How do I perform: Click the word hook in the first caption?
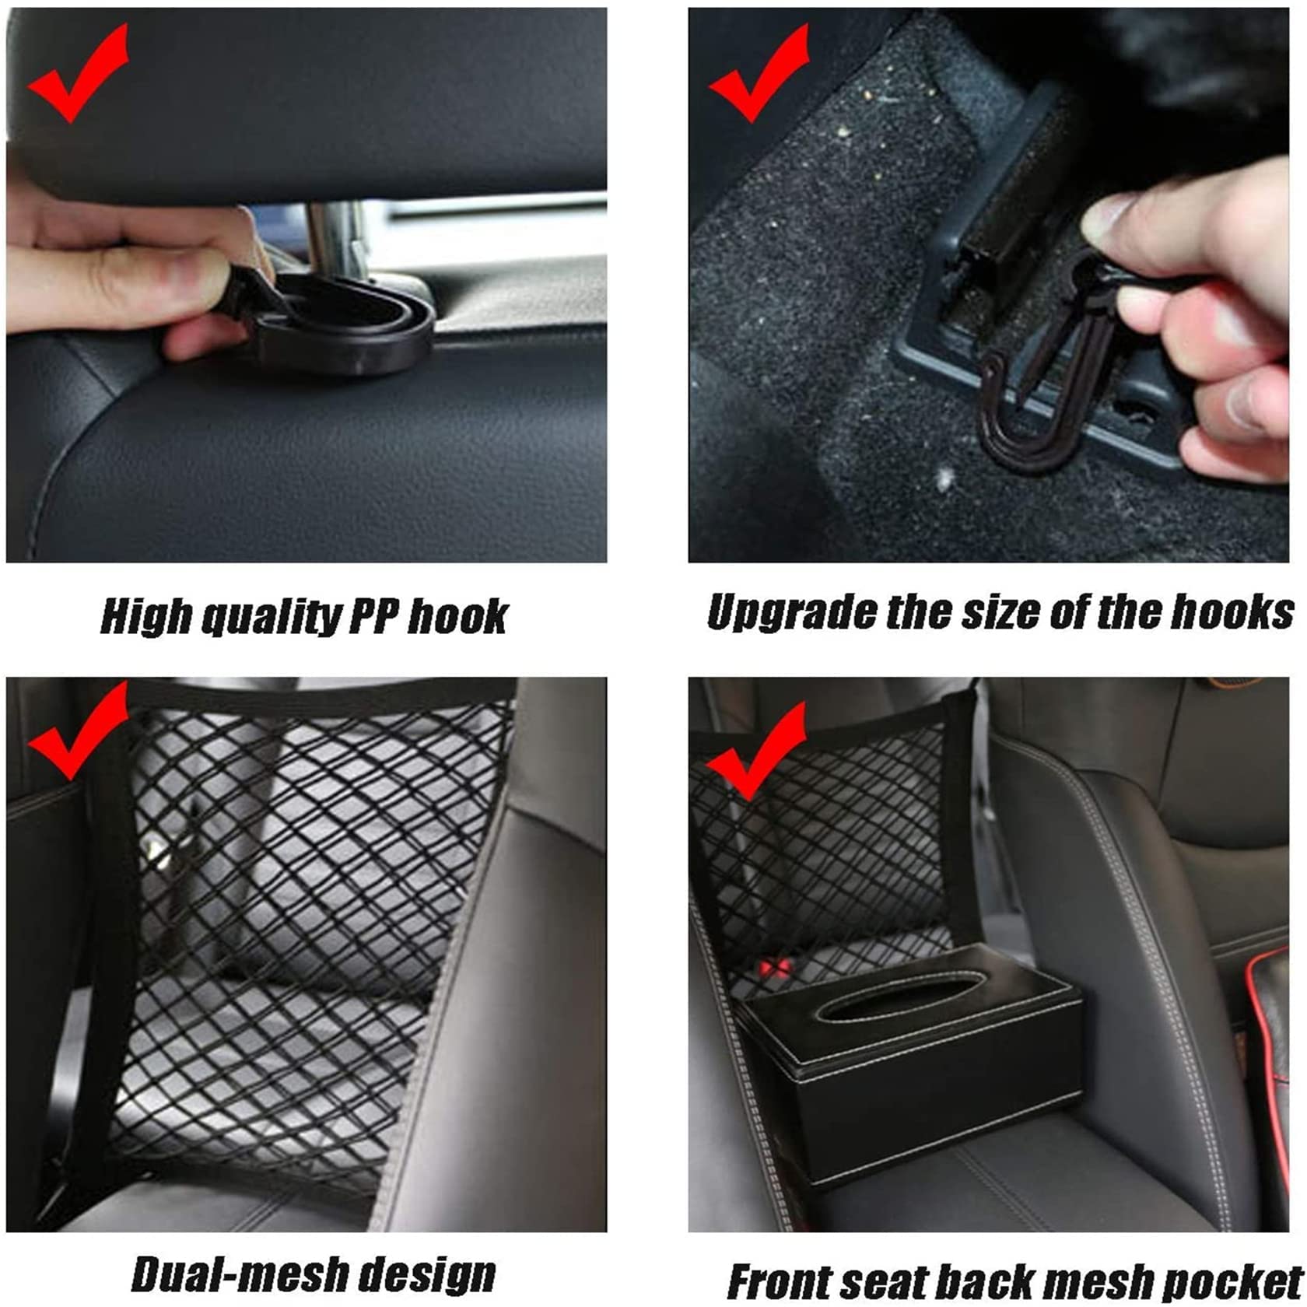coord(459,617)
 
